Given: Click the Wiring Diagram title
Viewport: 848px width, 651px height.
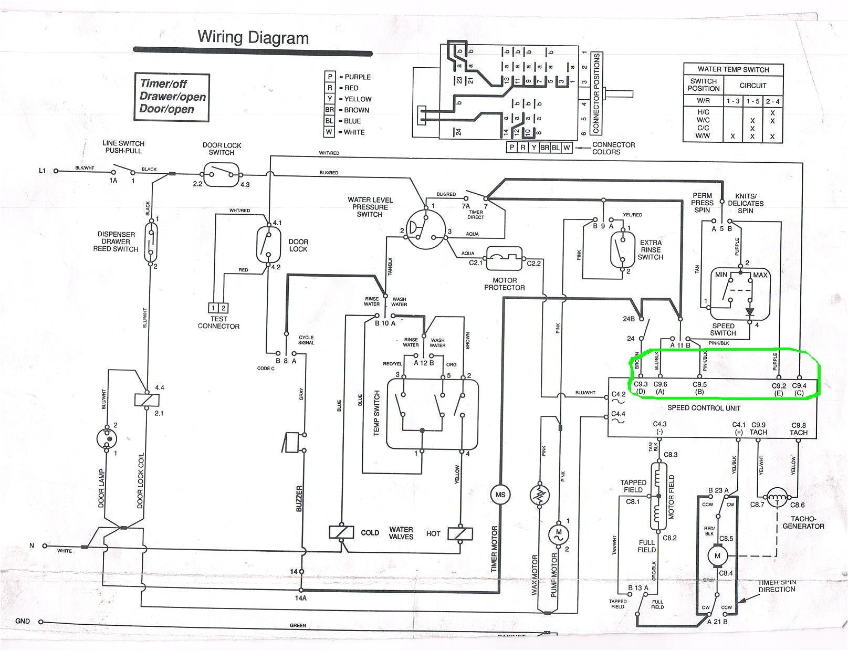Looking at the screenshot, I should point(253,37).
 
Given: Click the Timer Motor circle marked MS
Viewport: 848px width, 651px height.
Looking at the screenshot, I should point(499,495).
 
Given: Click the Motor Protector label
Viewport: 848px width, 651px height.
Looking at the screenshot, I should point(504,284).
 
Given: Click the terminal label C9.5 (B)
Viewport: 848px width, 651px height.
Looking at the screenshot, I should point(699,388).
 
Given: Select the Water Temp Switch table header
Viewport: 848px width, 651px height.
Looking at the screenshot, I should point(733,69).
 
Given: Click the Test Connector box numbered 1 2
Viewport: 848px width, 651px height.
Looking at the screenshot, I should point(218,308).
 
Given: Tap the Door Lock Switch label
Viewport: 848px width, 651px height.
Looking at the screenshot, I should point(222,149).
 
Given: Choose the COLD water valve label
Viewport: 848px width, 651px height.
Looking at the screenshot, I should point(370,533).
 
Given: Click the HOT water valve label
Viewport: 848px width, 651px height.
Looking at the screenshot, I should point(433,533).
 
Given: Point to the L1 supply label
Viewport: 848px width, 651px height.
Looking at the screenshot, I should point(43,171).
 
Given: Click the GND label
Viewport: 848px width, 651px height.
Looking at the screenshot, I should point(23,621).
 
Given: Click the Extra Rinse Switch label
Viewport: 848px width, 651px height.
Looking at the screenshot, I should point(651,250).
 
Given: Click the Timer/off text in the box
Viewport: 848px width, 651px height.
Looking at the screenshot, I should point(163,83).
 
